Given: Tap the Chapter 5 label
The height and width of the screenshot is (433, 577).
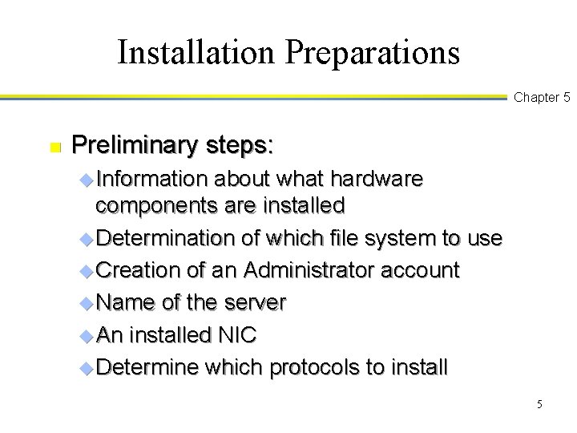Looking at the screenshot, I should (x=542, y=98).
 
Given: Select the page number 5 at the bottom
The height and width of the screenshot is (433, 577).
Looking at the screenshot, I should (x=540, y=404).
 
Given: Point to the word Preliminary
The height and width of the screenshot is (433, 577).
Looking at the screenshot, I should (x=126, y=145).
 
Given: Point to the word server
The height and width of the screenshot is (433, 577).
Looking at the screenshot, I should (x=255, y=302).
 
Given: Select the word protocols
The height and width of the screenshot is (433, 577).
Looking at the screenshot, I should (x=313, y=368).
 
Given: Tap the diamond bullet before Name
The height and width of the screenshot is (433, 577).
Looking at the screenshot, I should (x=87, y=303).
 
